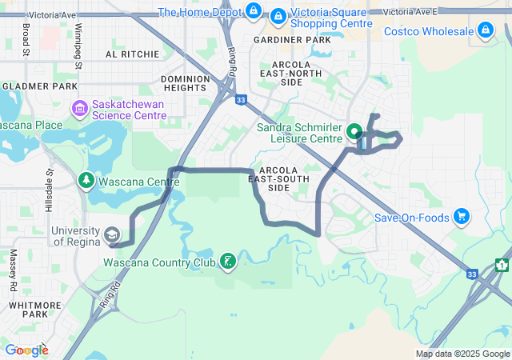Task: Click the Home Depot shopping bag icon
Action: pyautogui.click(x=254, y=11)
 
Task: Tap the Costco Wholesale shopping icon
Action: pyautogui.click(x=485, y=31)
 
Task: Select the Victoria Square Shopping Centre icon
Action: pyautogui.click(x=278, y=16)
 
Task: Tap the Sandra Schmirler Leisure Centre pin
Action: pyautogui.click(x=355, y=130)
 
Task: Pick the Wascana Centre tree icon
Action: pyautogui.click(x=86, y=182)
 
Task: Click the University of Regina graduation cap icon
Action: pyautogui.click(x=112, y=235)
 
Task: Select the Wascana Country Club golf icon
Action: pyautogui.click(x=228, y=262)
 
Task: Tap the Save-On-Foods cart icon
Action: pyautogui.click(x=461, y=217)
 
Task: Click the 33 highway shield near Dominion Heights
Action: pyautogui.click(x=241, y=100)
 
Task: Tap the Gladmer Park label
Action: pyautogui.click(x=39, y=86)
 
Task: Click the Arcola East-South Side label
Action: pyautogui.click(x=278, y=179)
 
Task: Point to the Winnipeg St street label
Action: pyautogui.click(x=78, y=39)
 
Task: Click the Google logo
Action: pyautogui.click(x=26, y=350)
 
